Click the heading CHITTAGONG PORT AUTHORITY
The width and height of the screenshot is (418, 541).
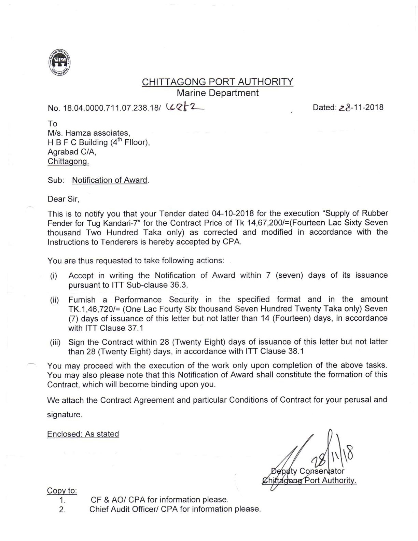tap(218, 82)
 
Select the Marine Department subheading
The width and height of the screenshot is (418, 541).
tap(218, 93)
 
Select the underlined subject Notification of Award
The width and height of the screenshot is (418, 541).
tap(110, 180)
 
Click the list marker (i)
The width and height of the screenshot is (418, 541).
tap(54, 276)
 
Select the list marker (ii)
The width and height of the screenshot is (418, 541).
tap(54, 300)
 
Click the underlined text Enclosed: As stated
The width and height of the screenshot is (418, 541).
tap(83, 434)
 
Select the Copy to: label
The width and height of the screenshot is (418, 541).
tap(62, 491)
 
